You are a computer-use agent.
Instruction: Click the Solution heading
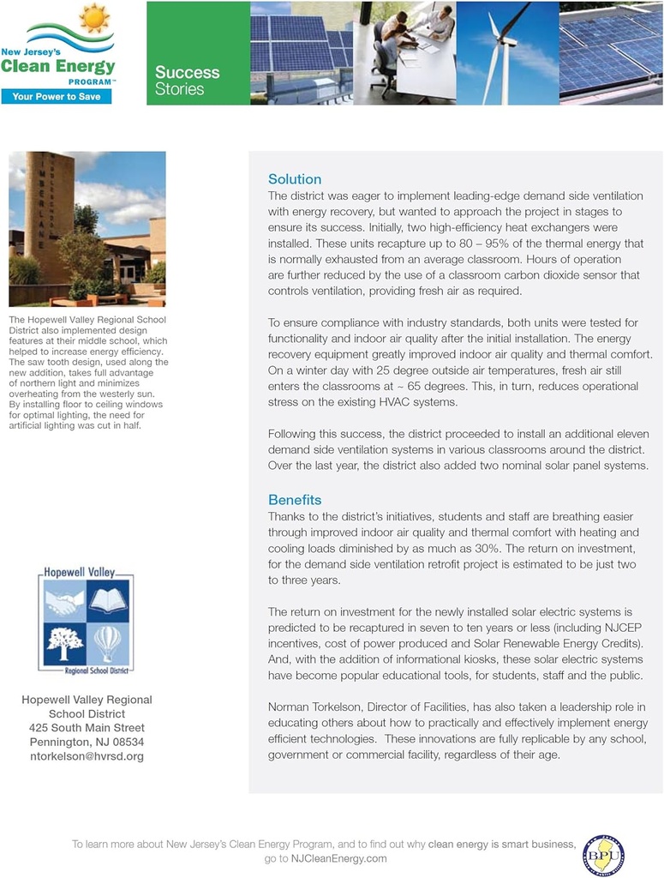(x=295, y=179)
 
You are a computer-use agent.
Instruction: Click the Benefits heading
(x=295, y=499)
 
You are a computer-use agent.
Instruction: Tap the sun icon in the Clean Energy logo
(x=93, y=18)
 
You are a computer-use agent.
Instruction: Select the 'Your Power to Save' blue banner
(x=57, y=96)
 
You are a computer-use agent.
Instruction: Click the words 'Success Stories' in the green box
(x=187, y=81)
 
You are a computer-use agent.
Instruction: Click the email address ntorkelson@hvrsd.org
(x=87, y=756)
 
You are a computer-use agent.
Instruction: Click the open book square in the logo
(x=107, y=601)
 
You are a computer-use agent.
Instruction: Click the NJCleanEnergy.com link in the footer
(x=338, y=858)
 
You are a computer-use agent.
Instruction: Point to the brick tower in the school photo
(x=48, y=214)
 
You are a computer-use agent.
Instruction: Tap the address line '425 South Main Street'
(x=87, y=728)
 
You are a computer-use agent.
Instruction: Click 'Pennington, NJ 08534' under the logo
(x=87, y=742)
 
